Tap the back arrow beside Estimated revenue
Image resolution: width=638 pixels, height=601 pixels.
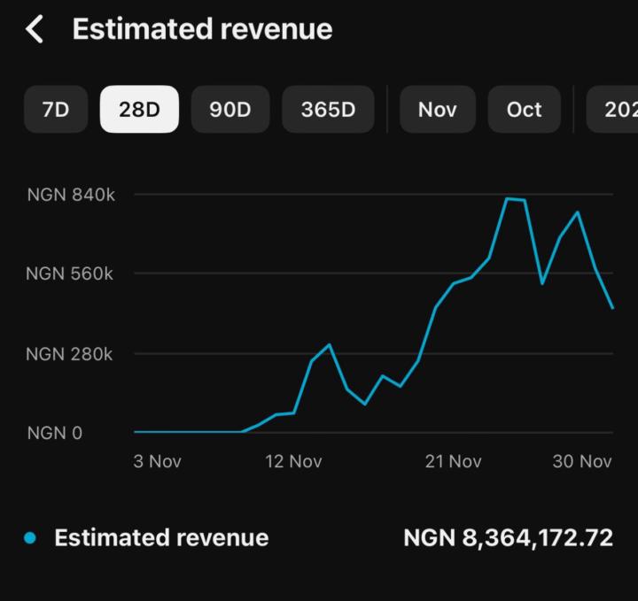[35, 29]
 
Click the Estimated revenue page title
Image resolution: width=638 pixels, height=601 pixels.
[202, 29]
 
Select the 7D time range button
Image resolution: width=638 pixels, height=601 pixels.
[56, 110]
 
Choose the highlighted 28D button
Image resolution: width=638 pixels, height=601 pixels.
[139, 110]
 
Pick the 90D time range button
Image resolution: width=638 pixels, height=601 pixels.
[230, 110]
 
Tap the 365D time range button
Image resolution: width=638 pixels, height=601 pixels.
[328, 110]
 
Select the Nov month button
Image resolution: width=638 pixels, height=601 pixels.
[437, 110]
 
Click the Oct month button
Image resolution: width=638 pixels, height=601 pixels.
[524, 110]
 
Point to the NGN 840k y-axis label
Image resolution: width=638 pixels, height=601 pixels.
[71, 195]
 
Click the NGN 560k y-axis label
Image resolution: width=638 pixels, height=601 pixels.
[70, 274]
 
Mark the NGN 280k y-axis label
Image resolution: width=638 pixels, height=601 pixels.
[70, 354]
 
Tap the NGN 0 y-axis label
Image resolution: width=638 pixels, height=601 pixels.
[55, 433]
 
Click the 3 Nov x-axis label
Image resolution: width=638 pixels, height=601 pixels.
[158, 461]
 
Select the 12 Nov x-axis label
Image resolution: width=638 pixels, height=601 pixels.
[293, 461]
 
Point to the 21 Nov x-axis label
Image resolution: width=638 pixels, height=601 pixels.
[453, 461]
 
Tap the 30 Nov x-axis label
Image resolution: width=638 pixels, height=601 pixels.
[582, 461]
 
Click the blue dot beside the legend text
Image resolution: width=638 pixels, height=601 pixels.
[31, 538]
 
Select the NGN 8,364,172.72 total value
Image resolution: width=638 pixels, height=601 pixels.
[508, 538]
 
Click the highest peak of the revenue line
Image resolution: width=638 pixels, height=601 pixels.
[508, 198]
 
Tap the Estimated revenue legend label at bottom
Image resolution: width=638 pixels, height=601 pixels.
[161, 538]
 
